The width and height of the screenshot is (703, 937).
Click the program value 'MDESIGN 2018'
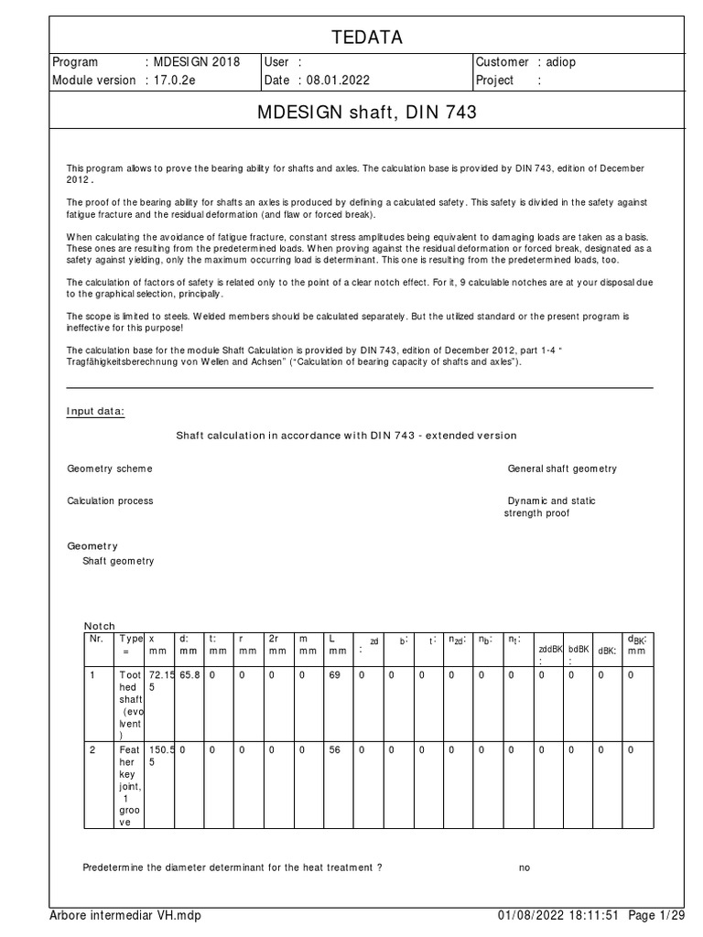[197, 62]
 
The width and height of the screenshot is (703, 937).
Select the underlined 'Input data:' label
[95, 411]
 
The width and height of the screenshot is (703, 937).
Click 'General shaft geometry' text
[562, 468]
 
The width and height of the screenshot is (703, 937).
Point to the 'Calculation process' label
[110, 501]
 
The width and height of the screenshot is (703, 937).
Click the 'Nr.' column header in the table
[96, 638]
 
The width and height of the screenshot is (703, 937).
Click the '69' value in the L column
[333, 674]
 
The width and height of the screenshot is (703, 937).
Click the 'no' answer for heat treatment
[525, 867]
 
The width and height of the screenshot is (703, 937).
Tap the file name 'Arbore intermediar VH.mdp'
[124, 916]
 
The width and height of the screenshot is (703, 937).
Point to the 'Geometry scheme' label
[110, 468]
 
